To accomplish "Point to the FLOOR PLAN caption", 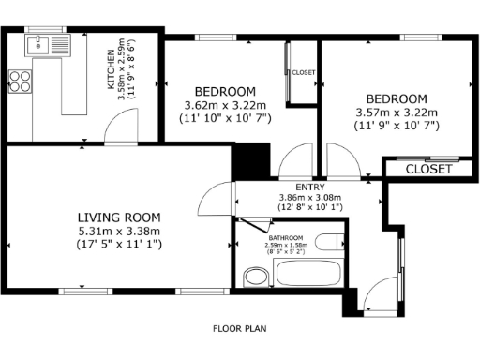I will tap(240, 329).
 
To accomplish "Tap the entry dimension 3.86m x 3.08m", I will tap(309, 198).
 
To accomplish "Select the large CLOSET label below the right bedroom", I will tap(429, 170).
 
